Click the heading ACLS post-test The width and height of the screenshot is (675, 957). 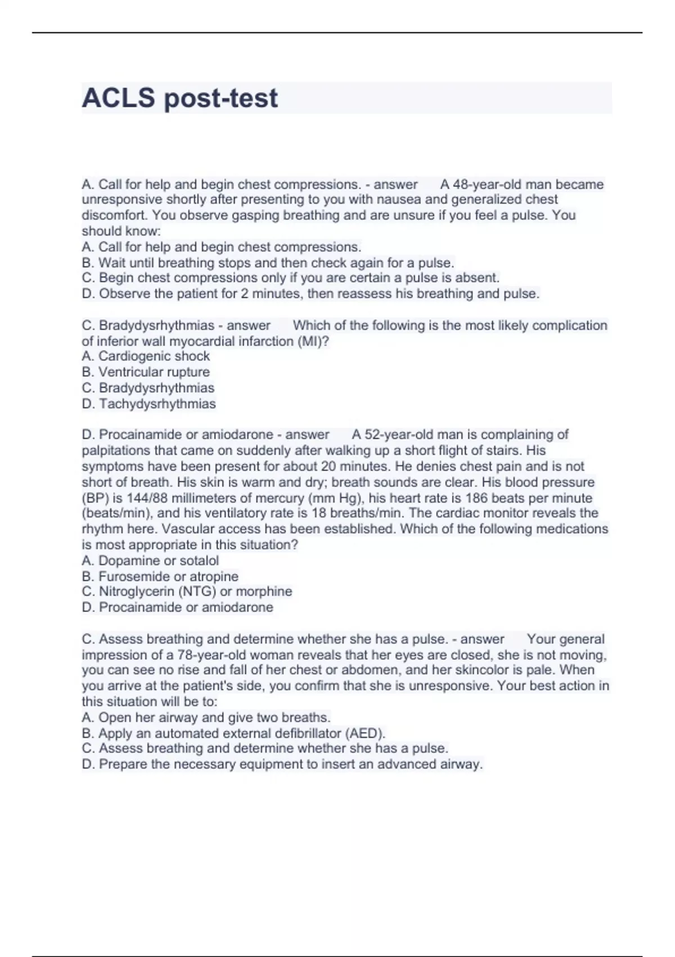coord(179,98)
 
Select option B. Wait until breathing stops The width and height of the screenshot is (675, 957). coord(268,263)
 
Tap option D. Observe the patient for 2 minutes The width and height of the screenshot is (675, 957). coord(310,294)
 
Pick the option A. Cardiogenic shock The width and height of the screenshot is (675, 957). coord(146,356)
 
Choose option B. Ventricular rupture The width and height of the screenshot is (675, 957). coord(146,372)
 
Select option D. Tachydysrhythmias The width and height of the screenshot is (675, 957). coord(148,404)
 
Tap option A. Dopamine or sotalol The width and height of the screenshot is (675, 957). coord(150,561)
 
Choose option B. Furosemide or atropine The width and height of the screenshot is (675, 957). coord(160,576)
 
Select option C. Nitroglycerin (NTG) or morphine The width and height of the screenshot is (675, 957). coord(187,592)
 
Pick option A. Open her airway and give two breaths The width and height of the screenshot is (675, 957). coord(206,718)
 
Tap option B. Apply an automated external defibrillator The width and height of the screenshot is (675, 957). coord(233,734)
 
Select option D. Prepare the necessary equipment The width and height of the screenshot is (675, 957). coord(282,764)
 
